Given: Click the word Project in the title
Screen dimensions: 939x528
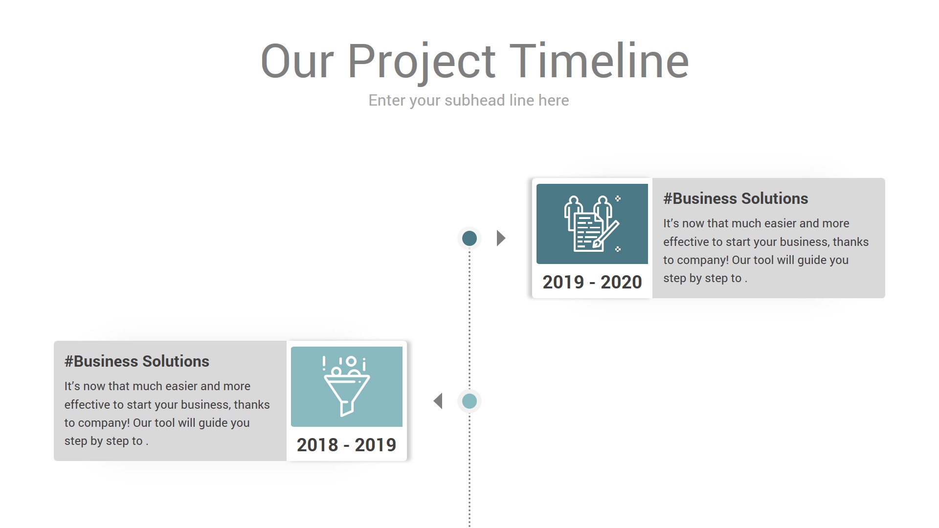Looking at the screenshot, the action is pos(421,64).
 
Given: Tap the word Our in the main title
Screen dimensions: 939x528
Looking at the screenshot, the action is pos(297,61).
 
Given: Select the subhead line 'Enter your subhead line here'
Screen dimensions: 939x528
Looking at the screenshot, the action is pos(469,100).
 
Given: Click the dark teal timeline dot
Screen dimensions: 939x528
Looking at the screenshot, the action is pos(469,239).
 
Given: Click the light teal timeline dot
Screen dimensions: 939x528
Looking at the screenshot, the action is pos(469,401).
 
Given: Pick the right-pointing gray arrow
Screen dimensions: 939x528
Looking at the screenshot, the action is pos(501,238).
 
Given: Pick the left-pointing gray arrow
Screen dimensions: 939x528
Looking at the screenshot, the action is pos(438,401).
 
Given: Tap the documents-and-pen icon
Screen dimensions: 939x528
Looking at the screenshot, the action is pos(592,223).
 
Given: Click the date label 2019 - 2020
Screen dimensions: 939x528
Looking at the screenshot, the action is pos(592,282).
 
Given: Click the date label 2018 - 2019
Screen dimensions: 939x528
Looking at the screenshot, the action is pos(347,445).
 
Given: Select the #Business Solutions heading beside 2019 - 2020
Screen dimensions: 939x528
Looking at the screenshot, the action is pos(736,198).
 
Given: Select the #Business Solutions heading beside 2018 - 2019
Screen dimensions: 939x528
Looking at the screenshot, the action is pos(137,361).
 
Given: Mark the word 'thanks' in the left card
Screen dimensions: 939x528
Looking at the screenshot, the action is pos(252,405).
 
